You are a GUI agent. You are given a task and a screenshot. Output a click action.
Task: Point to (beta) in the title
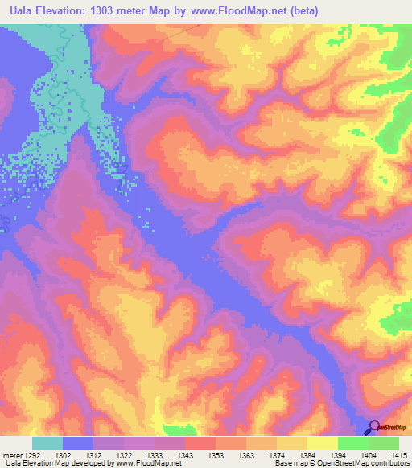[x=303, y=11]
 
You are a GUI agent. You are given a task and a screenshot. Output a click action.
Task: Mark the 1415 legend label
[x=394, y=455]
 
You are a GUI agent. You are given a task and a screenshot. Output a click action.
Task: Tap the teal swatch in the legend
[x=47, y=443]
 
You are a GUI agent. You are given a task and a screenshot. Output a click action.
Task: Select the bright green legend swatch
[x=353, y=443]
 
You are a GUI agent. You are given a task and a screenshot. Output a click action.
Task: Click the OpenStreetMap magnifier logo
[x=374, y=427]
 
